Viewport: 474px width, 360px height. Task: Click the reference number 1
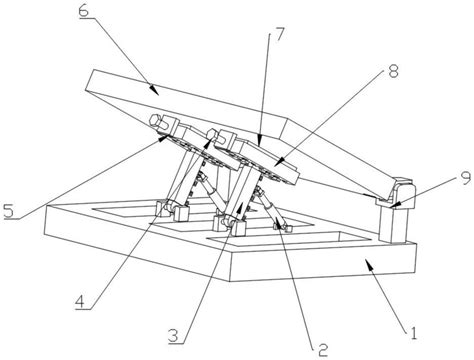[x=413, y=333]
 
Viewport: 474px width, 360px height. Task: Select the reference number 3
[x=174, y=335]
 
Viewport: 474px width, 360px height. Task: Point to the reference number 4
[x=80, y=302]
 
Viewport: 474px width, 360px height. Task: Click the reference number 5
[x=9, y=210]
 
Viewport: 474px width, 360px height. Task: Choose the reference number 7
[x=279, y=34]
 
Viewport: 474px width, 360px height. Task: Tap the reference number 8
[x=393, y=71]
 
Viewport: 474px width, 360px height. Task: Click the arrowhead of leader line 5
[x=164, y=138]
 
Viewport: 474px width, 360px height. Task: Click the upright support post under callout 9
[x=393, y=223]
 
